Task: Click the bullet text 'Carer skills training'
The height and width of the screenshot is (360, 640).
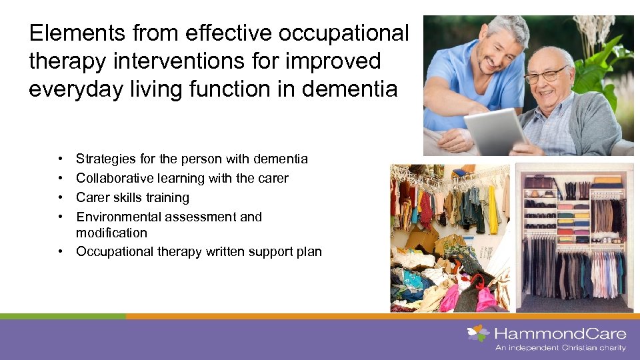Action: coord(133,197)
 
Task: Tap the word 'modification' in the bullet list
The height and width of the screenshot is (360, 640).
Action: coord(111,233)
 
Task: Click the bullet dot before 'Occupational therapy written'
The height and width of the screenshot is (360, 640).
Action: coord(60,251)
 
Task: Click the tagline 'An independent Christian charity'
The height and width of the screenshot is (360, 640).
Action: coord(560,347)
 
